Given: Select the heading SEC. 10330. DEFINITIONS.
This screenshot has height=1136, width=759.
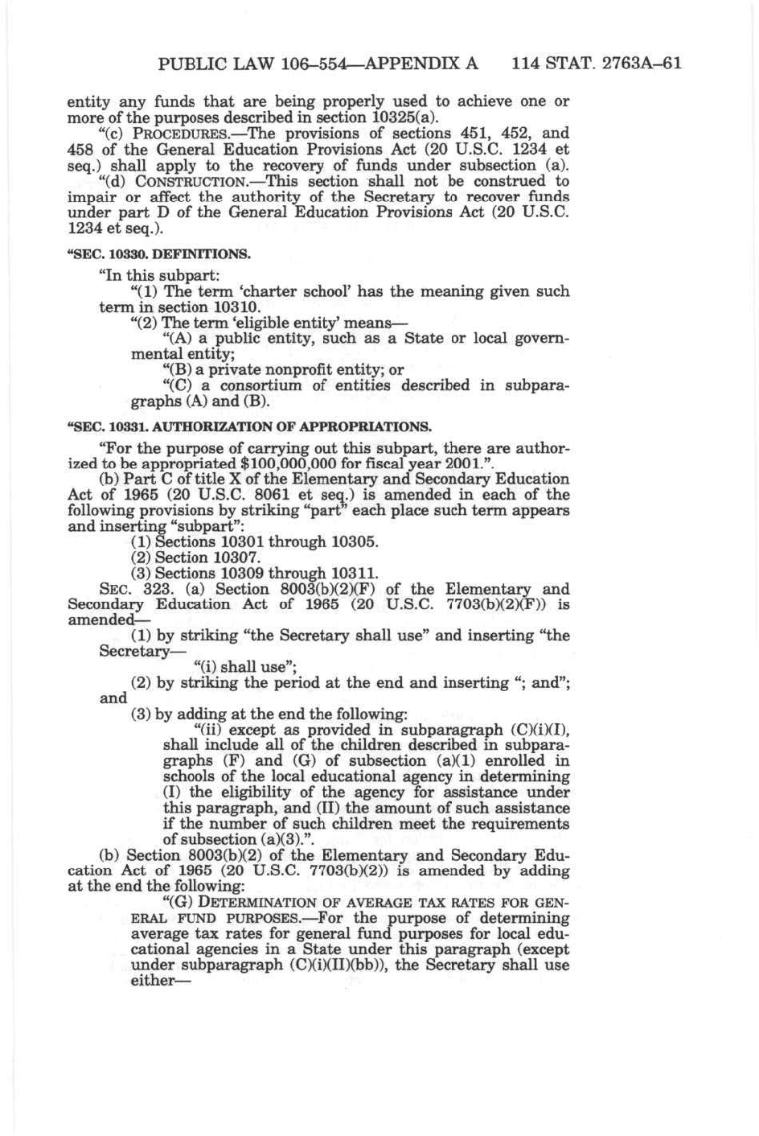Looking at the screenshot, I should click(159, 254).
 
